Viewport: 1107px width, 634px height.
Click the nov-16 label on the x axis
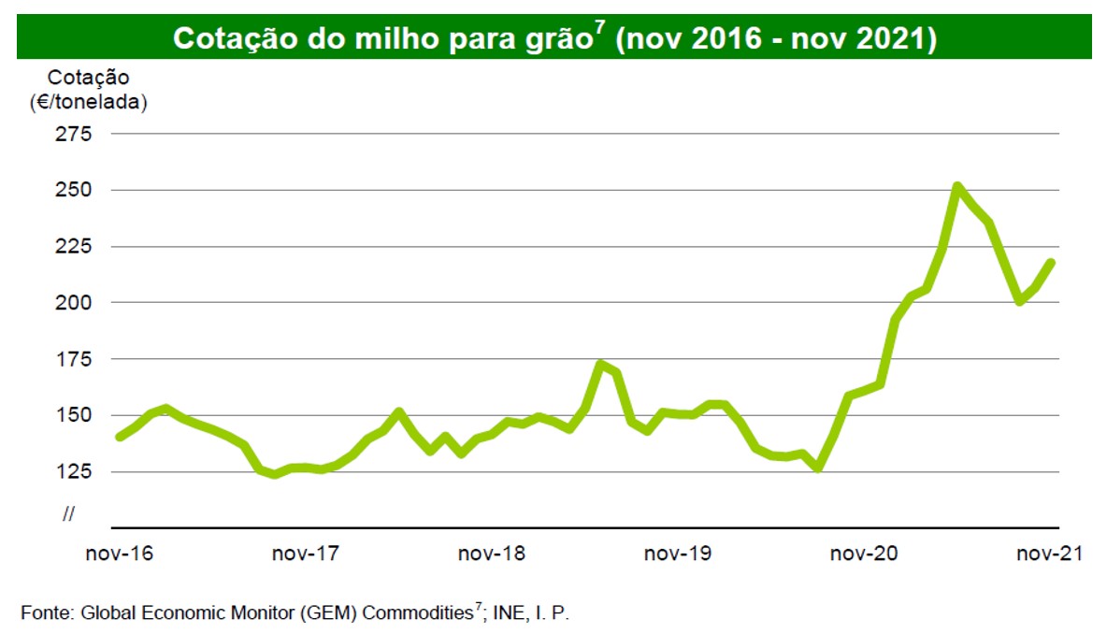tap(119, 554)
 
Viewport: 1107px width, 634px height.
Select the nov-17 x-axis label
tap(305, 554)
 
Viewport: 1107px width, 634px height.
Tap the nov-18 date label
tap(491, 554)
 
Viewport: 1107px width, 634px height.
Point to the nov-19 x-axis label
tap(677, 554)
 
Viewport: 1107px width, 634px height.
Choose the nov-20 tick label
tap(863, 554)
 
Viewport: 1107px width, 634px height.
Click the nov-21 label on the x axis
tap(1049, 554)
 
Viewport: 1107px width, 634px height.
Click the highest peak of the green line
tap(956, 186)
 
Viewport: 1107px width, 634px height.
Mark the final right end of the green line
tap(1053, 262)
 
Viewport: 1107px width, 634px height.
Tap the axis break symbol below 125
tap(68, 514)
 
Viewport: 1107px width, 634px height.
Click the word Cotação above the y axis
tap(89, 78)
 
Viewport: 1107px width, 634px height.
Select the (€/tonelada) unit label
tap(89, 103)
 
